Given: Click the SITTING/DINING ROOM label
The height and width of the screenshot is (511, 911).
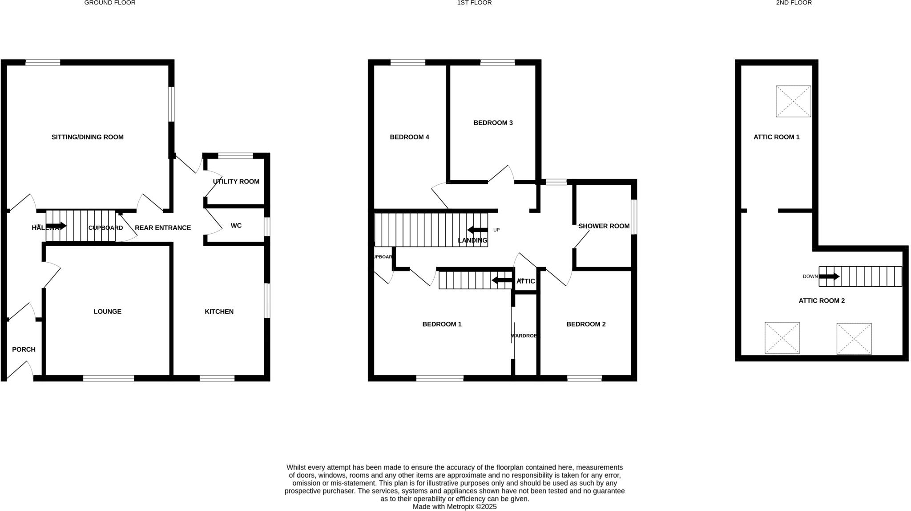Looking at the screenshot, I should (88, 137).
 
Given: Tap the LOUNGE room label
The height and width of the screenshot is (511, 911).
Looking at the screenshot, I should (107, 312).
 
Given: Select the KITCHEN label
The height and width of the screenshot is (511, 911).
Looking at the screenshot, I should (219, 312).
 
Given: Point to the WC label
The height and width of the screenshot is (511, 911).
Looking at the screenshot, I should (236, 226).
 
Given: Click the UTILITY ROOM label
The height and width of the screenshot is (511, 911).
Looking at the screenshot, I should (236, 182).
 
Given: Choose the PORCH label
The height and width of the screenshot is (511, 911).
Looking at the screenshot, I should (24, 349).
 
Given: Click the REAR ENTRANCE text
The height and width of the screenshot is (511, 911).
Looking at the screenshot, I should (163, 228).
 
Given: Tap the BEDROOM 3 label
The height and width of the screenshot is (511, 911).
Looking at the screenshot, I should (493, 123).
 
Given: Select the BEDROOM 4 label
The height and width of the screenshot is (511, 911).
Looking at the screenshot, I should (409, 137).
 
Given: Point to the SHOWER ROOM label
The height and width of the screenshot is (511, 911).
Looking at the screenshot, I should (604, 226).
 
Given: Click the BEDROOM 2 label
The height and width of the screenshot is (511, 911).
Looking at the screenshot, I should (586, 324).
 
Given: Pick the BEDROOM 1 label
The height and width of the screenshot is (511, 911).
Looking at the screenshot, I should (442, 324).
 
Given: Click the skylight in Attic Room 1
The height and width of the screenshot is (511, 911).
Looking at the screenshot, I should (793, 101).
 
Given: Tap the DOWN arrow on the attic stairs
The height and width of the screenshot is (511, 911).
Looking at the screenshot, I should (829, 276).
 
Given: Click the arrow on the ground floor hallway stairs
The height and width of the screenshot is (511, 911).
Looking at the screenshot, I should (56, 226).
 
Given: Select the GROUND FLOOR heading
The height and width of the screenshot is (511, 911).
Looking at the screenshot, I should (110, 3).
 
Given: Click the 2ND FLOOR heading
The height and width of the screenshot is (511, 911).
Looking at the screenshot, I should (794, 3).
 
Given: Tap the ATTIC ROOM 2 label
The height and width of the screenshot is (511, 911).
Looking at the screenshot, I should (822, 301).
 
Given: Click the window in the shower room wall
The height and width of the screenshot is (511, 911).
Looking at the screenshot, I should (634, 217).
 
